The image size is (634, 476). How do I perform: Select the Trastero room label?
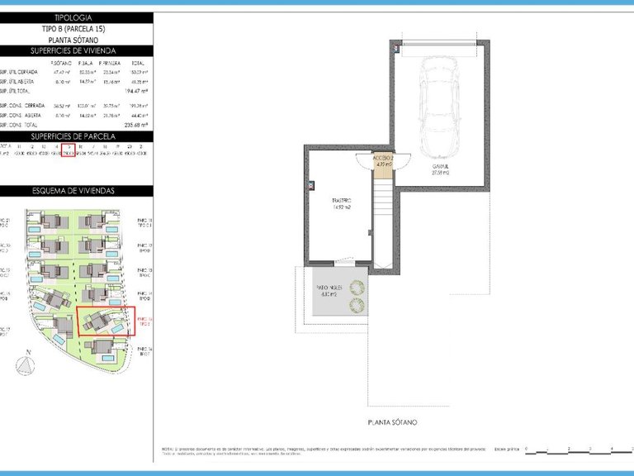(x=342, y=204)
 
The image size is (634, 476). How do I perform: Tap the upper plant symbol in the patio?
(x=357, y=288)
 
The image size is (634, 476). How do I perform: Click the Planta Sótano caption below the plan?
(x=392, y=422)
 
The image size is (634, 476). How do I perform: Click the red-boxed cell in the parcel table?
(x=69, y=150)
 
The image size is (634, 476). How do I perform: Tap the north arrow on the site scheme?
(x=29, y=360)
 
